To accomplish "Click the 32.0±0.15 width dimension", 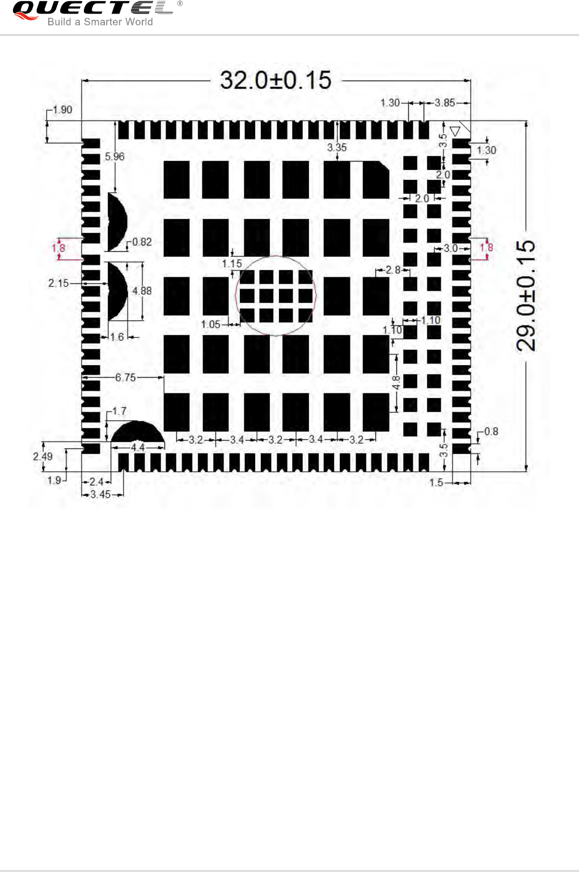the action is [276, 81].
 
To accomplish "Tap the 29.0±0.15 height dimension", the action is [526, 295].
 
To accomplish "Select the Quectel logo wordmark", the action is [93, 8].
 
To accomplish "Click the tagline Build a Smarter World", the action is [100, 22].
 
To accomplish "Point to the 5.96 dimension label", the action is [115, 156].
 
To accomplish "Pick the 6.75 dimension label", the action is [125, 378].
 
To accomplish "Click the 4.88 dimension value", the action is [142, 291].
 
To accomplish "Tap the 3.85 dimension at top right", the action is [445, 103].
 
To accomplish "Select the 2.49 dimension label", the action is [43, 456].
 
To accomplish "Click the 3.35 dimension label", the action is [337, 147].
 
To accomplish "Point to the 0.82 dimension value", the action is [142, 242].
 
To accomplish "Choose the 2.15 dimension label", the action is [58, 283].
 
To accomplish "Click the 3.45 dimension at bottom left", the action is [100, 494].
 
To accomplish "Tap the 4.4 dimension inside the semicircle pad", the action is [138, 447].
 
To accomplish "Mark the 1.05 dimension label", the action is [210, 324].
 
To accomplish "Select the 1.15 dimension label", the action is [232, 264].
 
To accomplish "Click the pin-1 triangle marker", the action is [454, 131].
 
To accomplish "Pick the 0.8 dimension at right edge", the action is [491, 431].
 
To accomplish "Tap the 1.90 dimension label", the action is [62, 110].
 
